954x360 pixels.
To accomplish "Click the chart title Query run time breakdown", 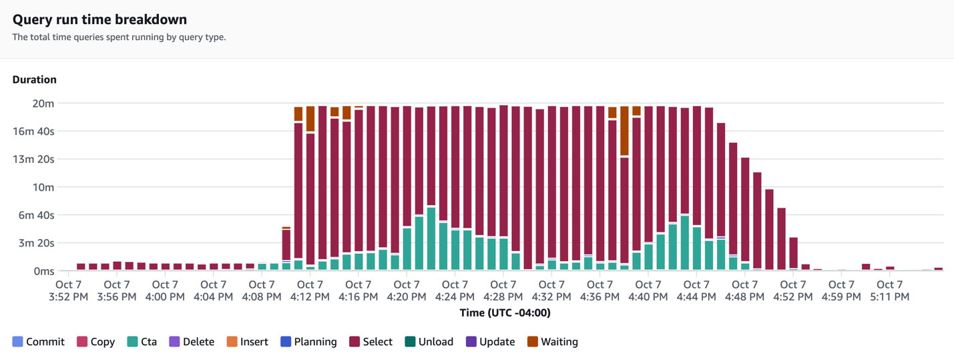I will (x=99, y=20).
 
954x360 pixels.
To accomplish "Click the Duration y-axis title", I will (x=35, y=79).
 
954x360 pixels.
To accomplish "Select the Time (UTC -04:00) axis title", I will (x=505, y=313).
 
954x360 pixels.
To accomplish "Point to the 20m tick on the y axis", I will (x=43, y=104).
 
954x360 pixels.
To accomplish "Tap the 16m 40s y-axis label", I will (x=33, y=132).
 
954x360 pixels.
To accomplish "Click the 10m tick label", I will (x=43, y=188).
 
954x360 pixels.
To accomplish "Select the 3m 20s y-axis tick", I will (x=36, y=243).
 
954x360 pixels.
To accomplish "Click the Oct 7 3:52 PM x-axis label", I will (x=69, y=291).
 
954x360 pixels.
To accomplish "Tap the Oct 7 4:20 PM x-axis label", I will (x=407, y=291).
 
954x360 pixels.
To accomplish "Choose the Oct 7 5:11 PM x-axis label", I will (x=889, y=291).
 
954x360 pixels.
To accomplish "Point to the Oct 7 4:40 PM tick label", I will (x=648, y=291).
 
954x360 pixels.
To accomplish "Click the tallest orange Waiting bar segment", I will (x=624, y=131).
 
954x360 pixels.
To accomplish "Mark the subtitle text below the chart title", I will (x=119, y=37).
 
